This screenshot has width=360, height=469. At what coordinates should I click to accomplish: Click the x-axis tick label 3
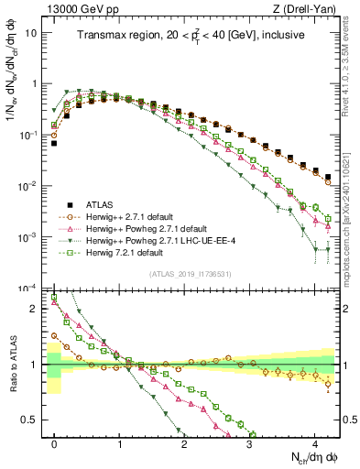250,442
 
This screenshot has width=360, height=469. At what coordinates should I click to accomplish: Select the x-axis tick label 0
54,442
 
